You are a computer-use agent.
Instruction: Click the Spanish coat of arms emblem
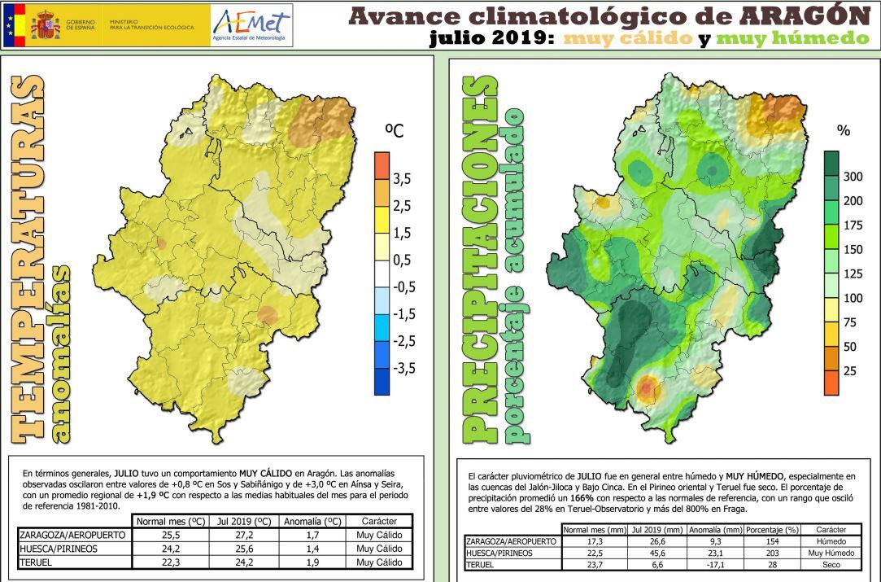pos(46,25)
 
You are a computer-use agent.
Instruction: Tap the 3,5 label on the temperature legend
pos(403,179)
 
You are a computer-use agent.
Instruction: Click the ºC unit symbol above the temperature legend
pos(394,130)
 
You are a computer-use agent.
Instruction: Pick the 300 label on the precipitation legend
pos(853,177)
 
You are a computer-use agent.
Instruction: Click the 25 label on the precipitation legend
pos(849,371)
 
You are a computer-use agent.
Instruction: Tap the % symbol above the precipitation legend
pos(844,130)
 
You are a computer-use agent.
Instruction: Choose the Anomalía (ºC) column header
pos(309,521)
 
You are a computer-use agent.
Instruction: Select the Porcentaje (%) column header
pos(770,529)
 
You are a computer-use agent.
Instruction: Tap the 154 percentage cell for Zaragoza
pos(770,541)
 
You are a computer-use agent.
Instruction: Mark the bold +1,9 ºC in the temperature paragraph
pos(153,494)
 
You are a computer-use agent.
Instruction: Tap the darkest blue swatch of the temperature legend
pos(382,381)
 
